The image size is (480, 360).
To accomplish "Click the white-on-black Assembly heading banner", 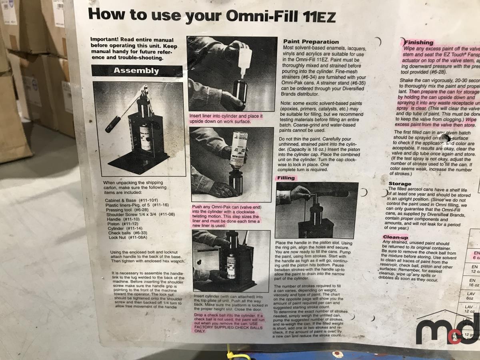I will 137,71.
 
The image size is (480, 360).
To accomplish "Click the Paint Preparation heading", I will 311,42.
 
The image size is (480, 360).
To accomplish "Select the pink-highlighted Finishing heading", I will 418,42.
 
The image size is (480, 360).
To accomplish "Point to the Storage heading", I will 400,184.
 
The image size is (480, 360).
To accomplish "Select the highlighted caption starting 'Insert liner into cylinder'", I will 226,118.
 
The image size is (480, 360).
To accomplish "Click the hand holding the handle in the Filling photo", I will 298,194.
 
